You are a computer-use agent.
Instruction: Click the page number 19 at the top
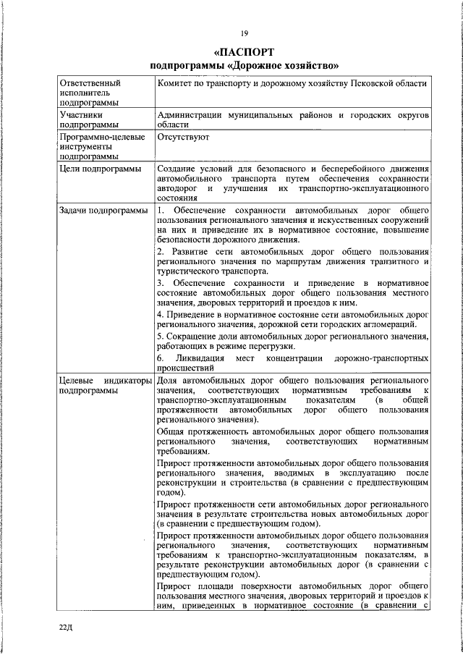(x=245, y=31)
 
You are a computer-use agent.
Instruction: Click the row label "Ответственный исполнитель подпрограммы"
(x=90, y=93)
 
